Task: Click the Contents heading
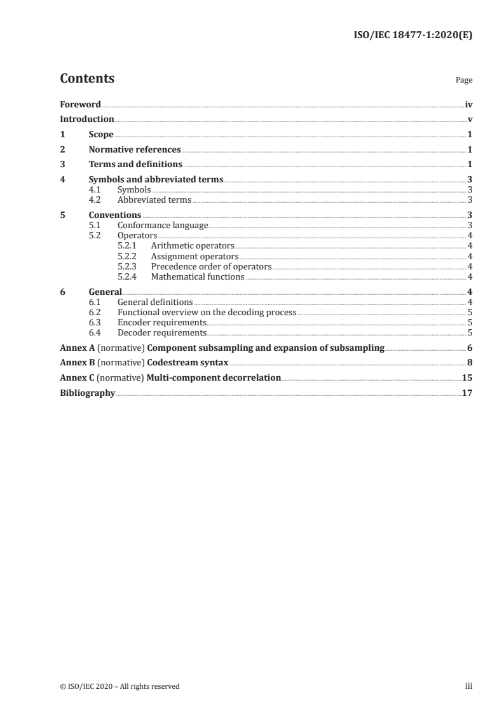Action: click(x=87, y=79)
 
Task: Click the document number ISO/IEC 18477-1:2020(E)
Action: click(x=412, y=36)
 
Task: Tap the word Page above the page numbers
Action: click(x=464, y=81)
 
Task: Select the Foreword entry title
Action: click(x=80, y=104)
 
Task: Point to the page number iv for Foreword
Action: click(x=468, y=104)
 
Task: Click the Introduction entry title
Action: click(x=87, y=119)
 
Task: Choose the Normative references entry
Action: click(x=135, y=150)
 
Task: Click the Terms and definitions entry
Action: click(x=135, y=165)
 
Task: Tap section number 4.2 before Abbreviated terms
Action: click(x=95, y=200)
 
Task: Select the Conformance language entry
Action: click(x=163, y=225)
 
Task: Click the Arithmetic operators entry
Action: click(x=193, y=245)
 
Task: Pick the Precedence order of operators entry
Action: click(x=211, y=266)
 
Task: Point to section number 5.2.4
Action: click(x=129, y=276)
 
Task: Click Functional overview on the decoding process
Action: click(x=207, y=312)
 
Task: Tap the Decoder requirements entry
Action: click(x=162, y=332)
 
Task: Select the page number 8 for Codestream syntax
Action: click(x=470, y=363)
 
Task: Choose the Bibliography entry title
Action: click(x=87, y=393)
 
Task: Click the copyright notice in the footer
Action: click(x=119, y=686)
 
